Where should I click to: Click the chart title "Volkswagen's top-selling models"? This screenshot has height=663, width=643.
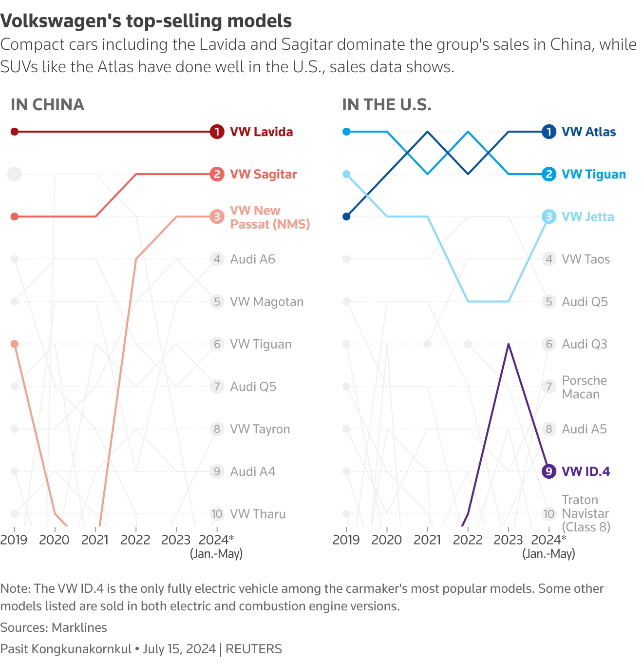coord(146,21)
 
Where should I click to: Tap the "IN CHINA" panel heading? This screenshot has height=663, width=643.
coord(47,105)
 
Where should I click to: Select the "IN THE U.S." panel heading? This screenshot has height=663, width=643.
coord(386,105)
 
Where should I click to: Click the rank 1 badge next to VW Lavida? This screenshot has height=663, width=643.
coord(217,132)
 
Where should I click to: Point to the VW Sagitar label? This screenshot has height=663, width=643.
coord(263,175)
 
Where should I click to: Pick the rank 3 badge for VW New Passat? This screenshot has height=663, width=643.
coord(217,216)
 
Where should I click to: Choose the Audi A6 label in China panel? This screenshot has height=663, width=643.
coord(252,259)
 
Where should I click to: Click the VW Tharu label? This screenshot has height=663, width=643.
coord(258,514)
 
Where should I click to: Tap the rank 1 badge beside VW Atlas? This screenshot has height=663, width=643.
coord(549,132)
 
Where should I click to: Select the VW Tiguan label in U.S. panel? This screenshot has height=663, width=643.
coord(593,175)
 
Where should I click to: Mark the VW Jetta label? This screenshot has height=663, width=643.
coord(587,217)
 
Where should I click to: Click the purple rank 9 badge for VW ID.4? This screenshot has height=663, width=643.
coord(549,471)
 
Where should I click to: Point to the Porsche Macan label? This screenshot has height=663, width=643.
coord(584,387)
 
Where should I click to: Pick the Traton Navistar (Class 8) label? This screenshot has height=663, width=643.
coord(586,513)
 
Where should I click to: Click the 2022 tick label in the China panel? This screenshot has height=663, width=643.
coord(135,540)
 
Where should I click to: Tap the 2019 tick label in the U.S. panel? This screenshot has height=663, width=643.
coord(346,540)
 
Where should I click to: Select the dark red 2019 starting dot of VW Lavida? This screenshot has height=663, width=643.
coord(15,132)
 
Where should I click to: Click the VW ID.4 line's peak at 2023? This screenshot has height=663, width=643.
coord(509,344)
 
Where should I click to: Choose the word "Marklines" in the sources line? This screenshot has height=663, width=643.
coord(79,627)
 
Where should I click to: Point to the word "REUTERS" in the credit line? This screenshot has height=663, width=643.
coord(254,649)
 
